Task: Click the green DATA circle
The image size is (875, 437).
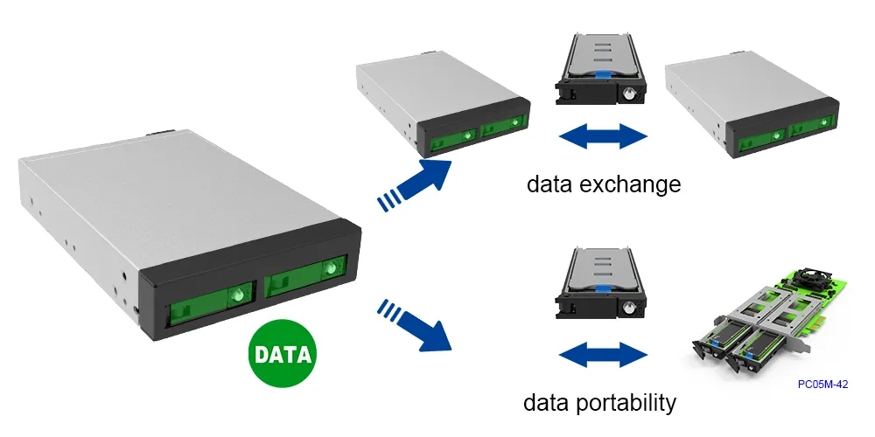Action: (x=283, y=355)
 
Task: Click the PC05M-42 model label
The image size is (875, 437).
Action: (x=823, y=383)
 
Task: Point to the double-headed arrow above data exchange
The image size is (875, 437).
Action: (x=603, y=136)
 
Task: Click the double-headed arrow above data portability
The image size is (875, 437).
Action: (x=603, y=355)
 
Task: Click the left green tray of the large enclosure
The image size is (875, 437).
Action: (x=209, y=302)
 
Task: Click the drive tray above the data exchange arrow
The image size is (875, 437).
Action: (x=599, y=70)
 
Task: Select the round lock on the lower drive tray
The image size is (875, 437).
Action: (x=629, y=309)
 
